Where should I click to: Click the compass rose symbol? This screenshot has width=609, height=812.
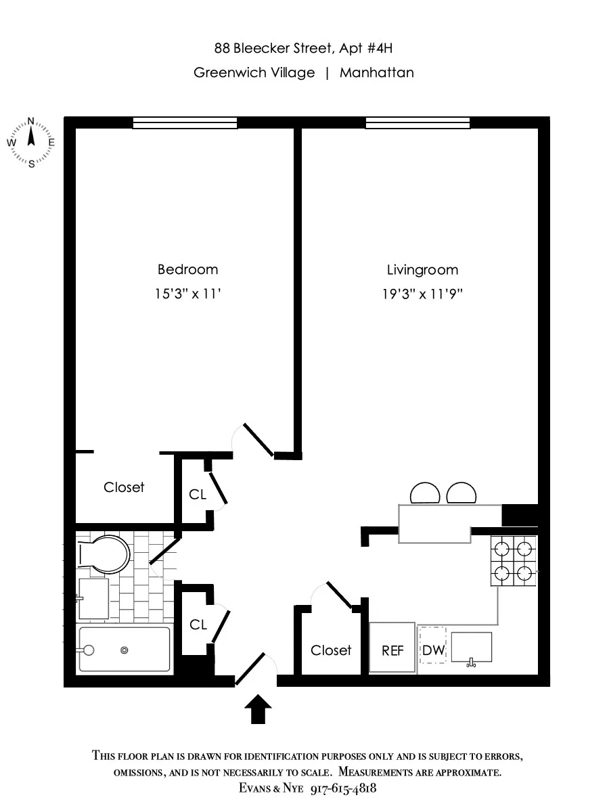(x=31, y=142)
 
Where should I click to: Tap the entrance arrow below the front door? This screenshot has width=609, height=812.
(x=257, y=710)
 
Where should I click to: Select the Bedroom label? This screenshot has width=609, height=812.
(x=187, y=269)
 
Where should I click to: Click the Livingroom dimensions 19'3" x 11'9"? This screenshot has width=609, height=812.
(x=422, y=294)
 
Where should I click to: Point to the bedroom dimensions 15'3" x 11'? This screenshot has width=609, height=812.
(x=187, y=294)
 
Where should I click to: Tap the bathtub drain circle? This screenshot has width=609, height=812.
(x=125, y=650)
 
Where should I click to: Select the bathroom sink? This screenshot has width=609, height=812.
(x=93, y=598)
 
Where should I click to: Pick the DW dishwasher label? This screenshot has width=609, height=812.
(x=433, y=650)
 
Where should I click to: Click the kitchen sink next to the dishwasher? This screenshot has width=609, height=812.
(x=471, y=648)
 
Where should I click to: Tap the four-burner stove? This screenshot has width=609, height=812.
(x=513, y=560)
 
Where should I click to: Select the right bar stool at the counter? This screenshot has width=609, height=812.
(x=462, y=493)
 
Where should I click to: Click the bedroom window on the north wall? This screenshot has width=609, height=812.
(x=185, y=122)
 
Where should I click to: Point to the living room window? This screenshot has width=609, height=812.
(x=418, y=122)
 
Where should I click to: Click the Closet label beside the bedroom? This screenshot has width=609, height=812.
(x=124, y=487)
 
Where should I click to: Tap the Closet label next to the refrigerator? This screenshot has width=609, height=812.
(x=331, y=650)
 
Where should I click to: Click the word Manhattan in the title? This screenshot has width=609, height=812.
(x=376, y=72)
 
